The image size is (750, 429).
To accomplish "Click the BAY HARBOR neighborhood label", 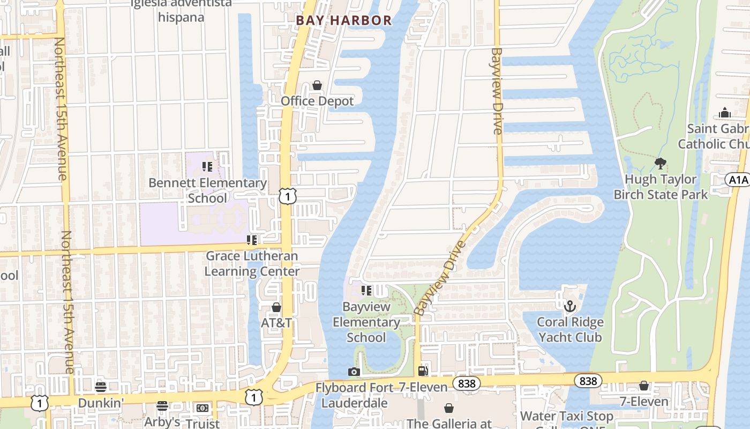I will (343, 20).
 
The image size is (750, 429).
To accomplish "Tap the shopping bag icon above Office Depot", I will (317, 86).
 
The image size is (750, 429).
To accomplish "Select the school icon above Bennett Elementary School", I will (207, 167).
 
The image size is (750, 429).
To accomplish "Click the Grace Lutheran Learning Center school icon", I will (251, 240).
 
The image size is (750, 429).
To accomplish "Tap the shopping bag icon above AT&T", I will (276, 307).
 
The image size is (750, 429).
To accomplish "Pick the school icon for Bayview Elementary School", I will (366, 291).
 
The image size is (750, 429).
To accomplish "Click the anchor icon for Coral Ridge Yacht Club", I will (570, 306).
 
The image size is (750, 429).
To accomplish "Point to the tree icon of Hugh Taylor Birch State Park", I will (661, 163).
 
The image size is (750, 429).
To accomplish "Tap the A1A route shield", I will (737, 180).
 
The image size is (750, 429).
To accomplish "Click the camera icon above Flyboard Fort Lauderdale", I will (354, 372).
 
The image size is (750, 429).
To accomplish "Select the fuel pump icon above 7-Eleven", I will (423, 371).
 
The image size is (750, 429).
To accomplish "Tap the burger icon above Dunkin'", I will (101, 387).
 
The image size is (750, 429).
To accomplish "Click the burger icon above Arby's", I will (162, 406).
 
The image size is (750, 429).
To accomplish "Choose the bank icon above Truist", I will (202, 408).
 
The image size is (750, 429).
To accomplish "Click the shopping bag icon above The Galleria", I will (449, 409).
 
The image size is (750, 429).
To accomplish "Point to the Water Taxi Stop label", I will (566, 416).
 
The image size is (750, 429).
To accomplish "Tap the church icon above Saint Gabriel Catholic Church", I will (725, 113).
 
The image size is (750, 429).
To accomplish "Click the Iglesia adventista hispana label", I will (182, 10).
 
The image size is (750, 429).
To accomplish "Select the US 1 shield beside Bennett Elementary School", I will (288, 196).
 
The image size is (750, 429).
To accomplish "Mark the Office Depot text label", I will (317, 101).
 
